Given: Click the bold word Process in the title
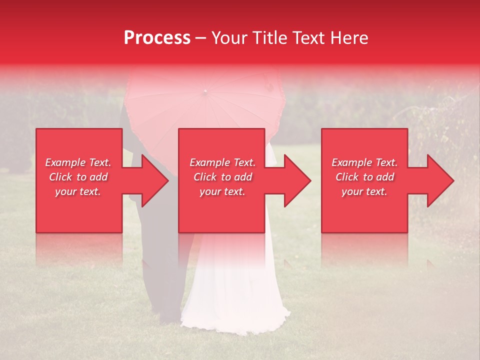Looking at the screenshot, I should pyautogui.click(x=157, y=38).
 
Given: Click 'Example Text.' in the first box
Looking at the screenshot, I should pyautogui.click(x=78, y=162).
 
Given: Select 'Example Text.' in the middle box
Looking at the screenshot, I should pyautogui.click(x=222, y=162).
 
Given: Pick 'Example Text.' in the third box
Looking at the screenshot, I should pyautogui.click(x=364, y=162).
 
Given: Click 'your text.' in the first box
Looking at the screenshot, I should pyautogui.click(x=78, y=191).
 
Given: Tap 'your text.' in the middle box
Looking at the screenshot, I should pyautogui.click(x=222, y=191).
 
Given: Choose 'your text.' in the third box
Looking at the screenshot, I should pyautogui.click(x=364, y=191).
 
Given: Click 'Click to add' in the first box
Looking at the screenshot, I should pyautogui.click(x=78, y=177).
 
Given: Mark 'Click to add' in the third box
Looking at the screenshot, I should pyautogui.click(x=364, y=177).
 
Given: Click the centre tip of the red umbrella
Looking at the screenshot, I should pyautogui.click(x=204, y=91).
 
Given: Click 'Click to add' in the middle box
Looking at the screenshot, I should pyautogui.click(x=222, y=177).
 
